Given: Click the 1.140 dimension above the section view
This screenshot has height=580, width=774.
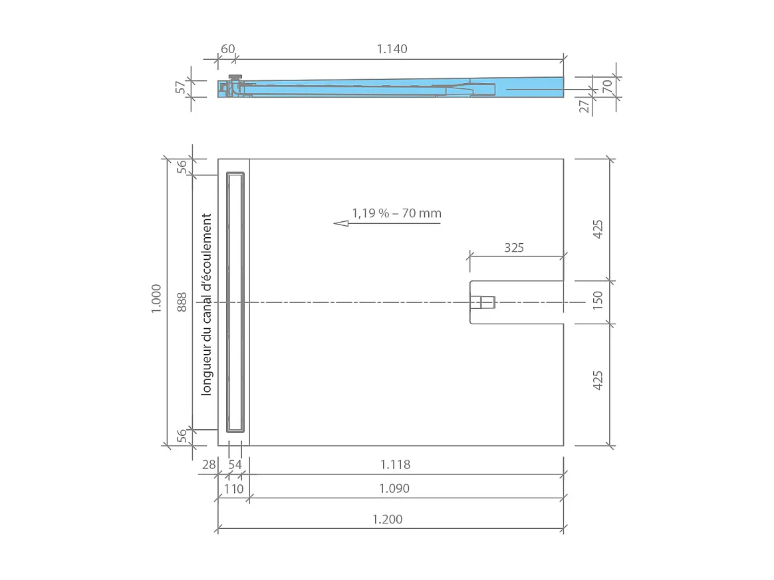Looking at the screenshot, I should tap(392, 49).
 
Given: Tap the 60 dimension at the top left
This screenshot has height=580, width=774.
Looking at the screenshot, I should tap(227, 49).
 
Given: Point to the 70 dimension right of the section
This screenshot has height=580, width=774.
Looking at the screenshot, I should tap(606, 85).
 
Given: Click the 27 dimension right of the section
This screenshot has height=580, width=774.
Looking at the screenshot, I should tap(584, 106).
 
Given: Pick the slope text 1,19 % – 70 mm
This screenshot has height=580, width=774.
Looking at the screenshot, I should tap(396, 213).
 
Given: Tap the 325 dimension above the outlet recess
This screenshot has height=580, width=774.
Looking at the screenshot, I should tap(514, 248).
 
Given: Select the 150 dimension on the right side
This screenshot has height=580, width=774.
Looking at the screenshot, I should tap(597, 301).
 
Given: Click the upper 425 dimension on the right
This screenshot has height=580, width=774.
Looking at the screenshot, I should tap(597, 229).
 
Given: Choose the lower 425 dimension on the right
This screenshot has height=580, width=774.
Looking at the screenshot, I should tap(597, 380).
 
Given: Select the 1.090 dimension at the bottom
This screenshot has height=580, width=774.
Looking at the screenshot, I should tap(394, 488).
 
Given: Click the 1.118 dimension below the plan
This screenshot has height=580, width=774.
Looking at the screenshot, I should tap(394, 464).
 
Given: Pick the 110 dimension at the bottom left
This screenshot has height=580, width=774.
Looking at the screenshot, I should tap(233, 488).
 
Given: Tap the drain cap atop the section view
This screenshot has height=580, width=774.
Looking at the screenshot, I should tap(235, 77).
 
